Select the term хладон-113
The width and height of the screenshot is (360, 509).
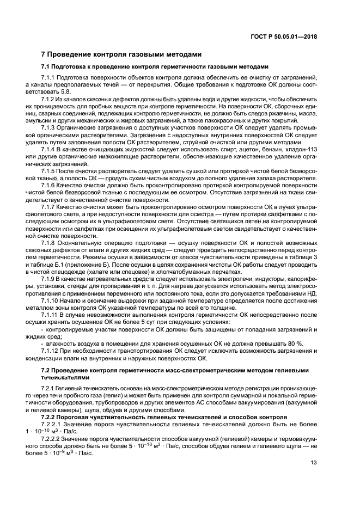[301, 149]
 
